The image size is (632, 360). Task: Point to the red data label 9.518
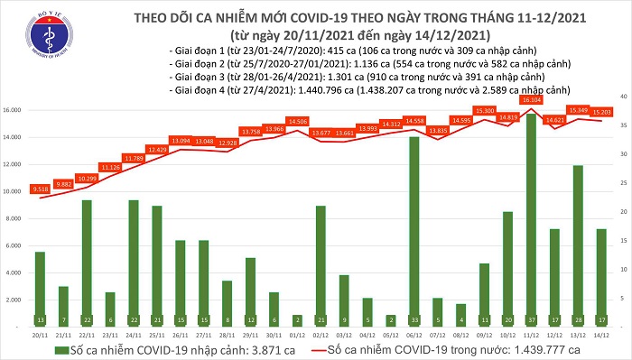click(40, 190)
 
